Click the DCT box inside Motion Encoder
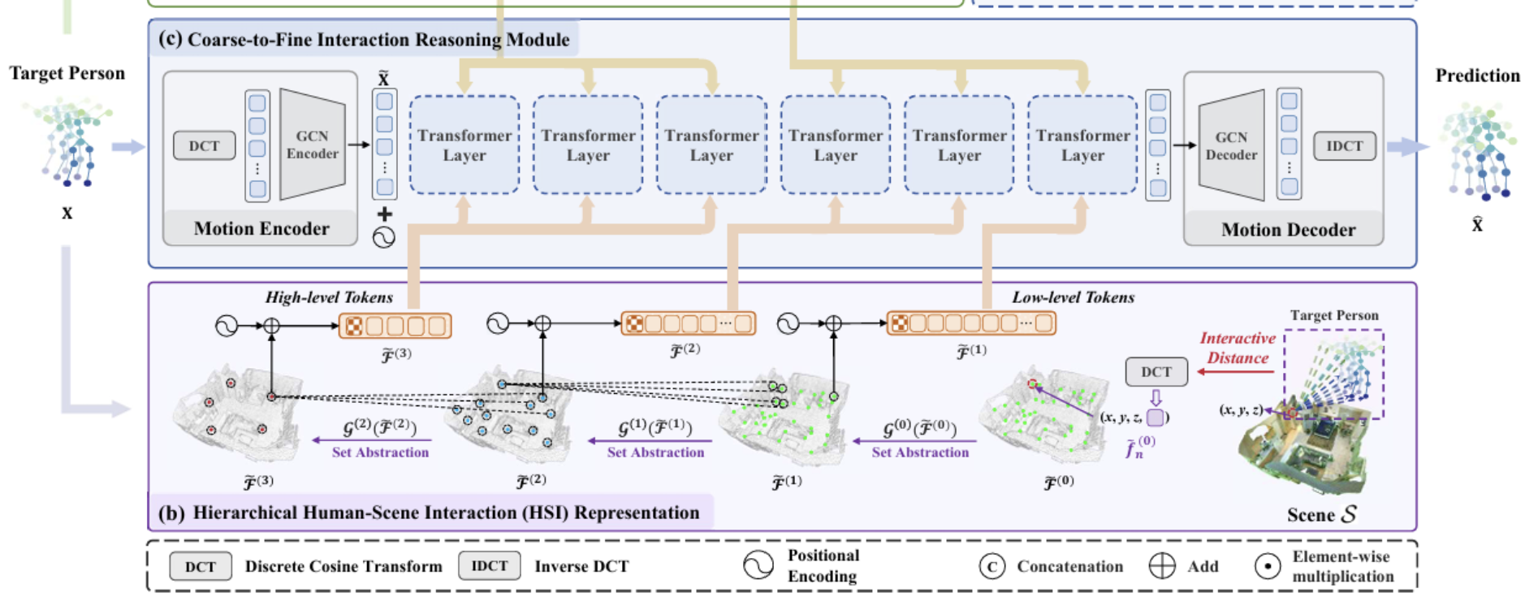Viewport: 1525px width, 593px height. pos(204,146)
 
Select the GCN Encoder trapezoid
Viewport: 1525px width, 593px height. pos(312,145)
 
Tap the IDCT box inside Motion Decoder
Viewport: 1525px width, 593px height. pos(1344,146)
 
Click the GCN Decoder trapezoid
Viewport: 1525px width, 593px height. pos(1232,146)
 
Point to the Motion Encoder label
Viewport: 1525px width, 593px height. pos(261,229)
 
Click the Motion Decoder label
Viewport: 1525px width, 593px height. pos(1288,230)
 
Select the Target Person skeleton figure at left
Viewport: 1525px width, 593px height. pos(69,142)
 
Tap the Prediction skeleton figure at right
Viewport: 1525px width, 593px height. pos(1477,150)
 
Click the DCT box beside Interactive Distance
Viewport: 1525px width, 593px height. pos(1156,372)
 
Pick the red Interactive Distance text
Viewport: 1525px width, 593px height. pos(1238,348)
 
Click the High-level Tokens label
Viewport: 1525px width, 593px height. pos(329,297)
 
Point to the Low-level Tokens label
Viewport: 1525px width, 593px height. pos(1073,297)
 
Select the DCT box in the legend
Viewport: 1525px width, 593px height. pos(200,566)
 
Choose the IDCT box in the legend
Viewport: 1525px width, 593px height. pos(489,565)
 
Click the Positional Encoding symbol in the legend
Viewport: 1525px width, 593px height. pos(758,565)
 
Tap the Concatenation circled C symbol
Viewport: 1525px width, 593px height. pos(991,566)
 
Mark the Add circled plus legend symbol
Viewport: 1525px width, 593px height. pos(1162,566)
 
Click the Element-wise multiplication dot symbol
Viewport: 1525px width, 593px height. pos(1267,566)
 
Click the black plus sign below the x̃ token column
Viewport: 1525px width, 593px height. pos(384,214)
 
